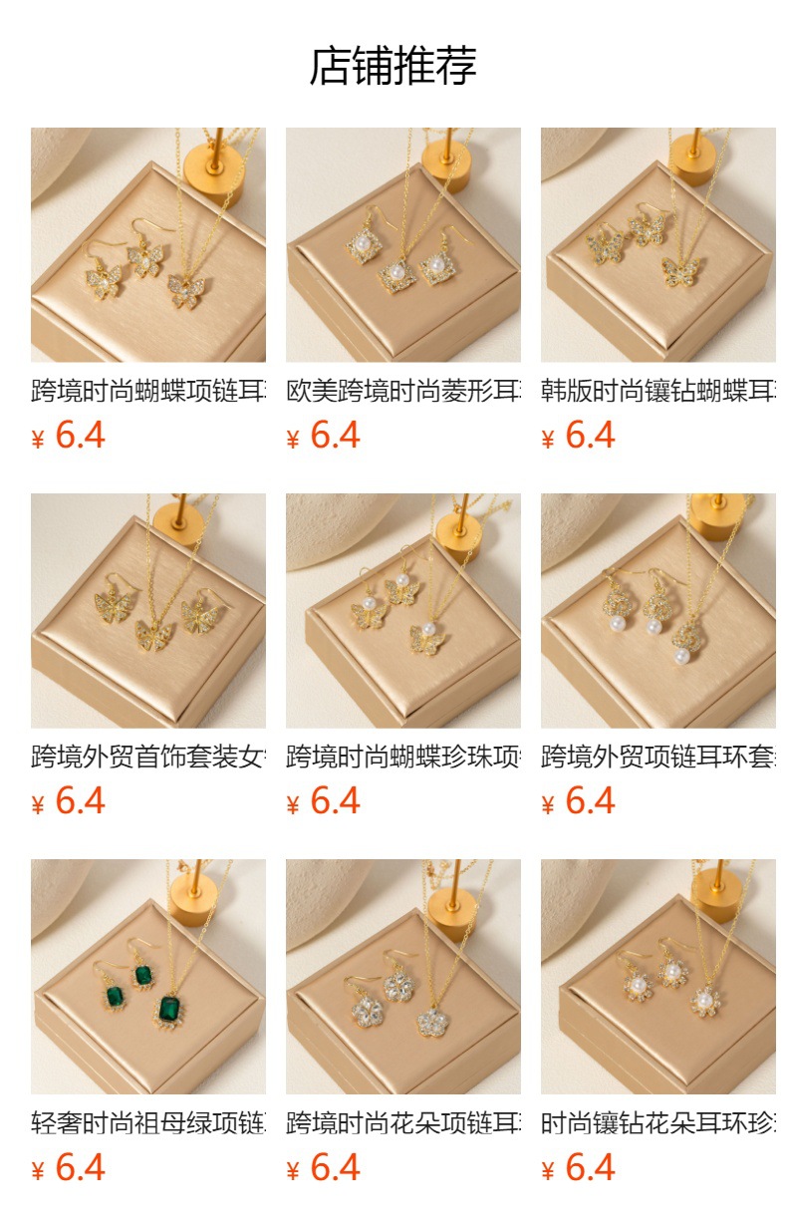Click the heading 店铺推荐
(393, 66)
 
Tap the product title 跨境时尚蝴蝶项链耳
(148, 391)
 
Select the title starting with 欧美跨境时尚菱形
(403, 391)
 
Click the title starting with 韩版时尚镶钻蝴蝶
(658, 391)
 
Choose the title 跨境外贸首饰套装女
(148, 757)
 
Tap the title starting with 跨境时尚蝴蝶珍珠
(403, 757)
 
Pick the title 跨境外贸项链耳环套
(658, 757)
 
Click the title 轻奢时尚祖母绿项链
(148, 1123)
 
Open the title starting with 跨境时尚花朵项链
(403, 1123)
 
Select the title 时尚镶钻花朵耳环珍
(658, 1123)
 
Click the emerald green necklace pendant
(170, 1009)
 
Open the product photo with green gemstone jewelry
(148, 977)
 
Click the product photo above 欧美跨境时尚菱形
(403, 244)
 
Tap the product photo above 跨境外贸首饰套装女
(148, 610)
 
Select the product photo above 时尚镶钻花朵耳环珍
(658, 977)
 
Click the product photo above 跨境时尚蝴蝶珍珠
(403, 610)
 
